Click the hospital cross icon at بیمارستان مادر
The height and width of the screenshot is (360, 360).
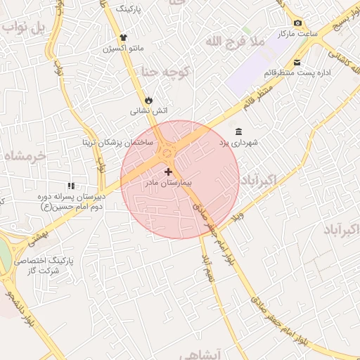(168, 172)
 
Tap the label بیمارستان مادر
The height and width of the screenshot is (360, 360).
(168, 183)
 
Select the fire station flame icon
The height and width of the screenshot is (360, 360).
(148, 100)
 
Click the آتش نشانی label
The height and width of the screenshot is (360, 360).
(149, 111)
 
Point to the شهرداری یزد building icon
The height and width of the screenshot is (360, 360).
(239, 132)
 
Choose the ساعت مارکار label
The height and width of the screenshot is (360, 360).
(297, 34)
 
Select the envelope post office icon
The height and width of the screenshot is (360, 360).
(297, 63)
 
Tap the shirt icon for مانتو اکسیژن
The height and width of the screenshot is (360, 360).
(124, 38)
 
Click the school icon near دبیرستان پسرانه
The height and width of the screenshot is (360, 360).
(70, 186)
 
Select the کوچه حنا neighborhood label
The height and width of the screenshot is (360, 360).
(165, 72)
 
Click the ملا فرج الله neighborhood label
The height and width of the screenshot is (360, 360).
(235, 42)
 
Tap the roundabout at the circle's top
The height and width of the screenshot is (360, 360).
(167, 150)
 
